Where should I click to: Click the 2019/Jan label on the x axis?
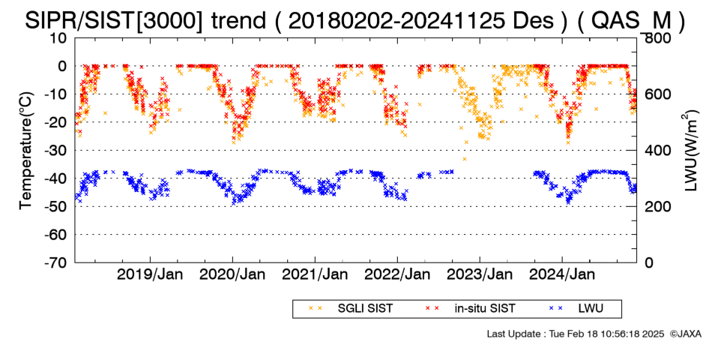click(x=151, y=274)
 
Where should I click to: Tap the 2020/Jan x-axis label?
click(x=232, y=274)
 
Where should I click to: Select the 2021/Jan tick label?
click(x=315, y=274)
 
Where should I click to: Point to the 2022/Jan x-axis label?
click(x=397, y=274)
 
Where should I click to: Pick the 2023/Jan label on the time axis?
click(x=480, y=274)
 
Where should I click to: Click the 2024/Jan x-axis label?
click(x=562, y=274)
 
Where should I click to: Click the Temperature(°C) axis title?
click(x=26, y=151)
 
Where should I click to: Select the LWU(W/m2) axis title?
click(x=690, y=151)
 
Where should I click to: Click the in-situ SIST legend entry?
click(x=471, y=309)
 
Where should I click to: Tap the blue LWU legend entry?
click(x=576, y=309)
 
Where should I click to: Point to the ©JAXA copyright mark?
click(x=685, y=334)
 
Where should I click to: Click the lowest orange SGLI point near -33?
click(x=465, y=159)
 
